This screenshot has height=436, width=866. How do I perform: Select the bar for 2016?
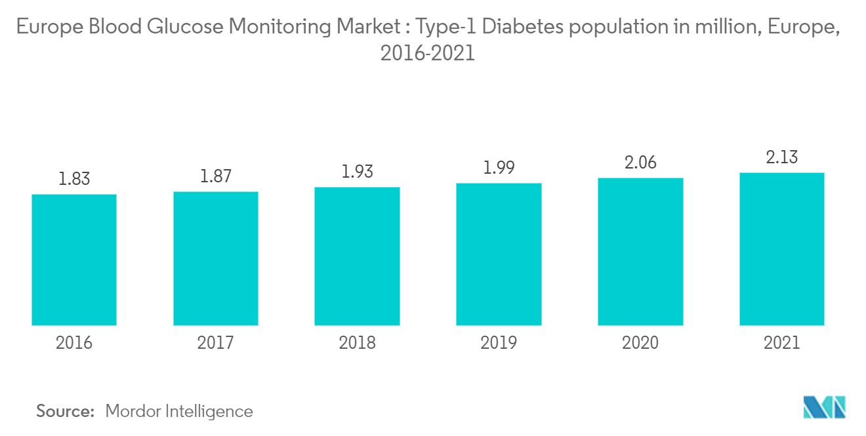pos(74,260)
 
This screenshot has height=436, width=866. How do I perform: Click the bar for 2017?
pos(216,258)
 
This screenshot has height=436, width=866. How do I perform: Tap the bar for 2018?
pos(357,256)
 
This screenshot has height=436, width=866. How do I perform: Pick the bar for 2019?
pos(499,254)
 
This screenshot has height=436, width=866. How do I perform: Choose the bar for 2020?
pos(640,252)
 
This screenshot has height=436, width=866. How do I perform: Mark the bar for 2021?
pos(781,249)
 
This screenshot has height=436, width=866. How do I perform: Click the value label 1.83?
pos(74,179)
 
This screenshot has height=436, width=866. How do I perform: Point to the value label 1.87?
pos(216,176)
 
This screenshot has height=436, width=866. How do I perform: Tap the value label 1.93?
pos(357,172)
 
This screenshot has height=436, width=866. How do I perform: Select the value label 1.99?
pos(499,168)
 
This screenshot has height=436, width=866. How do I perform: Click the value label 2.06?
pos(640,163)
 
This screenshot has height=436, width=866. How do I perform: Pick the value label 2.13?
pos(781,157)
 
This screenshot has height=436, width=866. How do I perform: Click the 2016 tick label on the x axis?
pos(74,343)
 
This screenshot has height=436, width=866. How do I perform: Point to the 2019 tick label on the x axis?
pos(499,343)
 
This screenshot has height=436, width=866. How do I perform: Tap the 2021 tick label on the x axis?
pos(781,343)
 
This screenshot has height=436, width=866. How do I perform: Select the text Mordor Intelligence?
pos(178,411)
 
